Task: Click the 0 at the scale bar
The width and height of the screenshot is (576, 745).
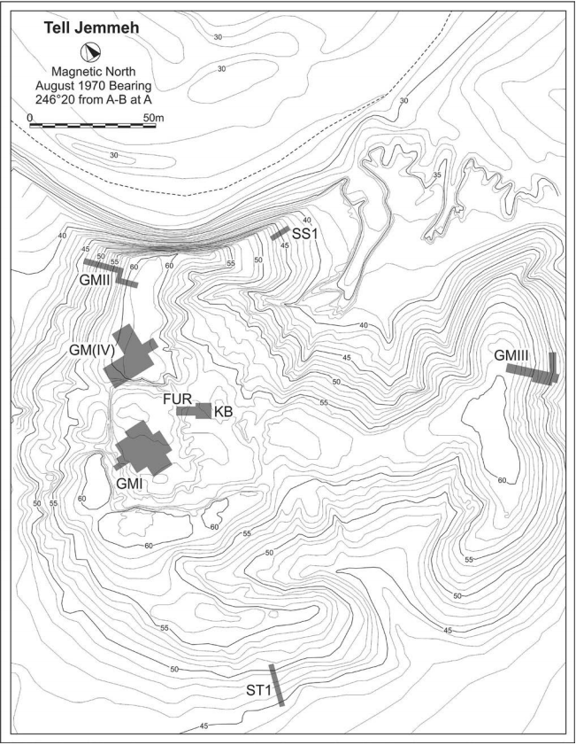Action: pyautogui.click(x=30, y=116)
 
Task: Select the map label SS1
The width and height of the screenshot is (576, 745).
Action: pyautogui.click(x=305, y=232)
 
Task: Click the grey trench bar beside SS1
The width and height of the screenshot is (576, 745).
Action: pyautogui.click(x=280, y=233)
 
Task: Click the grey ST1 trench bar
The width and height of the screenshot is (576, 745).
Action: pyautogui.click(x=277, y=684)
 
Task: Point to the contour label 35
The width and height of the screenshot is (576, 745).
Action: pyautogui.click(x=436, y=175)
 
